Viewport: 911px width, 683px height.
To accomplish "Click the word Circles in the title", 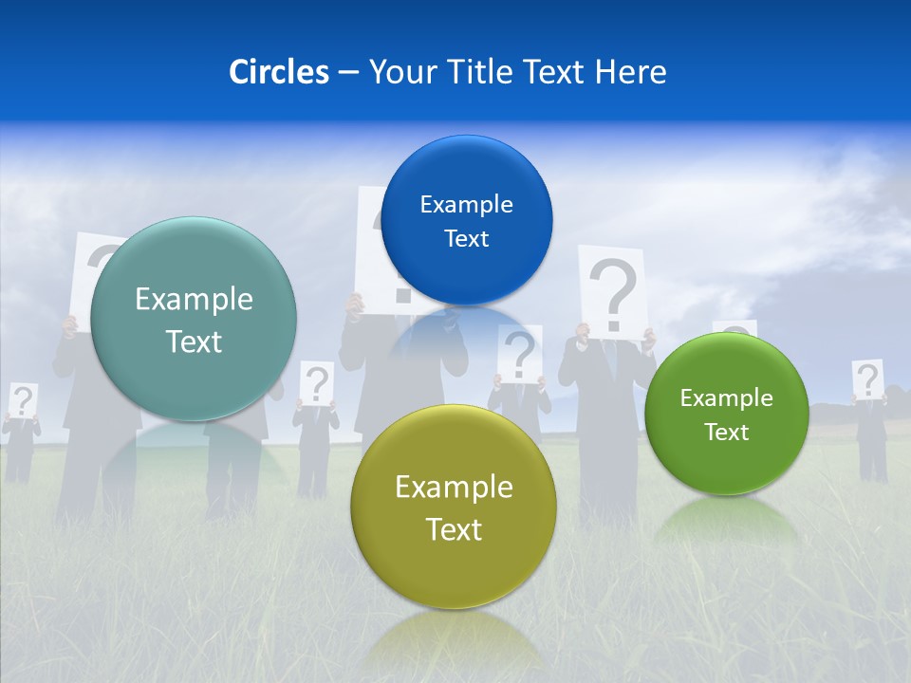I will pyautogui.click(x=278, y=72).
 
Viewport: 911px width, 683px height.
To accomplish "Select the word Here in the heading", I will pyautogui.click(x=631, y=72).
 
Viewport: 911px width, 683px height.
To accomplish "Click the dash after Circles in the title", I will pyautogui.click(x=348, y=73).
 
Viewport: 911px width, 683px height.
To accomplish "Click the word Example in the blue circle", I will pyautogui.click(x=466, y=204).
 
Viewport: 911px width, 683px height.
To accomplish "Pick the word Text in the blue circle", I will pyautogui.click(x=466, y=238).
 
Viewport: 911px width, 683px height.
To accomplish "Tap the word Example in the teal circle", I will pyautogui.click(x=194, y=299).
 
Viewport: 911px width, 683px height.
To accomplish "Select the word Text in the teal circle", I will pyautogui.click(x=194, y=341).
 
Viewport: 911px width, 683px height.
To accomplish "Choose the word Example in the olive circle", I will pyautogui.click(x=454, y=487).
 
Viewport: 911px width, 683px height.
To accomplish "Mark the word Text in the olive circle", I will pyautogui.click(x=454, y=529).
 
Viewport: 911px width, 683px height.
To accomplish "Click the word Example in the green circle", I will pyautogui.click(x=726, y=397).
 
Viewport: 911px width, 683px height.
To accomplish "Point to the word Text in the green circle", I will pyautogui.click(x=726, y=432).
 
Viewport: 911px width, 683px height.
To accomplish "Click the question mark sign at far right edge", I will pyautogui.click(x=866, y=378).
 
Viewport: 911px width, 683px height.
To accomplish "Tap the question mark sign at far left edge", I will pyautogui.click(x=23, y=399).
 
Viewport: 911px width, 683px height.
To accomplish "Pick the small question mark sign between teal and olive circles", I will pyautogui.click(x=317, y=382).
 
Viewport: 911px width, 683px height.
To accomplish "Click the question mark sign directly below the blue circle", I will pyautogui.click(x=519, y=352).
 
